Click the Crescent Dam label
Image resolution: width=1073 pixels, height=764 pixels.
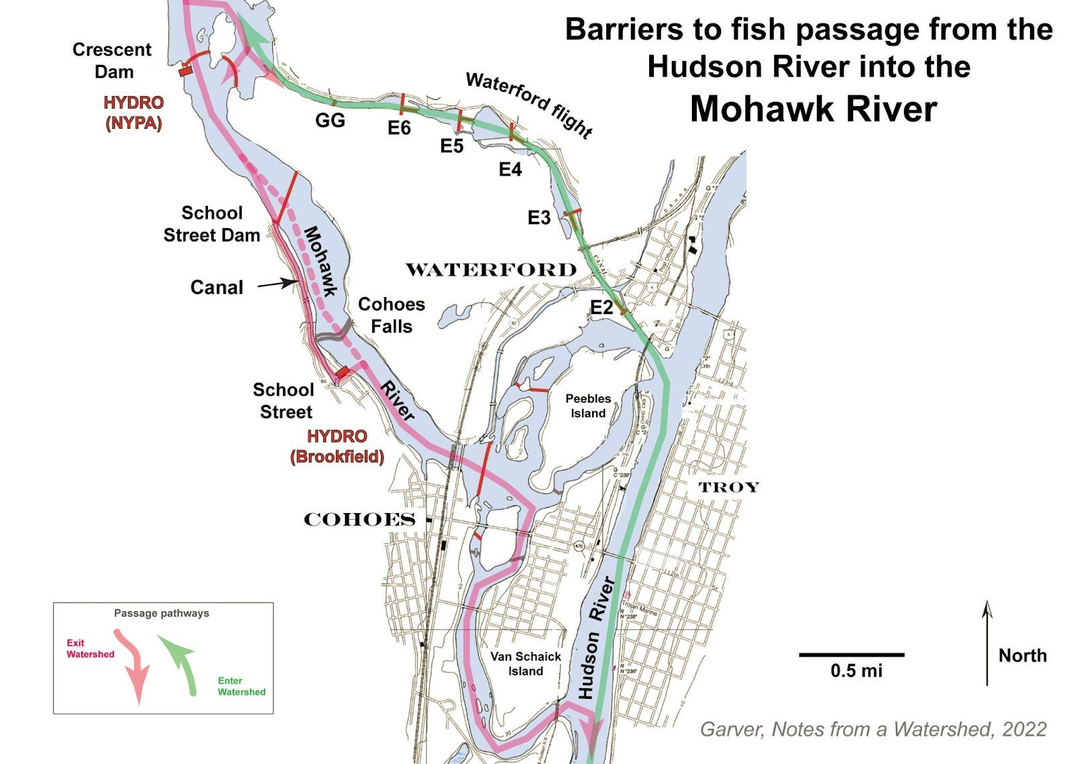pyautogui.click(x=112, y=60)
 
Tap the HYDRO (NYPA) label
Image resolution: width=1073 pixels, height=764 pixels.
pyautogui.click(x=133, y=113)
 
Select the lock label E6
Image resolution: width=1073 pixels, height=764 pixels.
pyautogui.click(x=399, y=127)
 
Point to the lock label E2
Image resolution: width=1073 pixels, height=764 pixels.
pyautogui.click(x=601, y=307)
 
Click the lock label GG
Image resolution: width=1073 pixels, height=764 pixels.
pyautogui.click(x=330, y=121)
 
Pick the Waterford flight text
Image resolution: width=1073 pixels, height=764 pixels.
pyautogui.click(x=529, y=105)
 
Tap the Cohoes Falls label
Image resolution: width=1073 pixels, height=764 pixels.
pyautogui.click(x=392, y=315)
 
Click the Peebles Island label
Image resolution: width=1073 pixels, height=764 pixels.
pyautogui.click(x=588, y=406)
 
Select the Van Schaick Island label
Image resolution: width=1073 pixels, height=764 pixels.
pyautogui.click(x=525, y=663)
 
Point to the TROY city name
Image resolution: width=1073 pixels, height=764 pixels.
pyautogui.click(x=728, y=488)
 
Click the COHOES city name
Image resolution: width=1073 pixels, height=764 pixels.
pyautogui.click(x=360, y=520)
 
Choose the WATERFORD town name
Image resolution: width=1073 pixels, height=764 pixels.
pyautogui.click(x=491, y=270)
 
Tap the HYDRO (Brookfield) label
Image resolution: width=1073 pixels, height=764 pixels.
pyautogui.click(x=337, y=447)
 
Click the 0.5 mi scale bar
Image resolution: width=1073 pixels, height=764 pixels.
pyautogui.click(x=852, y=655)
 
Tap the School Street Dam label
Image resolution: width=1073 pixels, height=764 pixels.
pyautogui.click(x=212, y=224)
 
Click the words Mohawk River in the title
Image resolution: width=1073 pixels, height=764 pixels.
pyautogui.click(x=813, y=109)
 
